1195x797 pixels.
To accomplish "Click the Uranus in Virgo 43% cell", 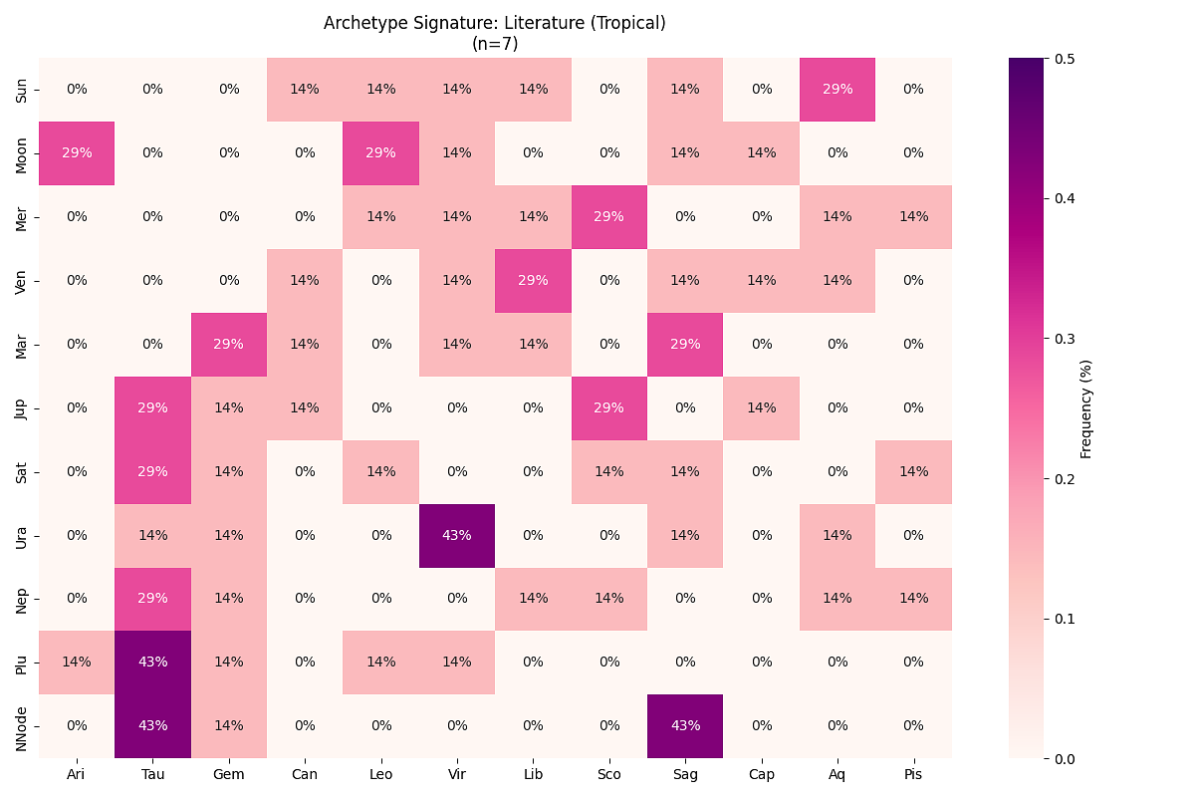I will (457, 535).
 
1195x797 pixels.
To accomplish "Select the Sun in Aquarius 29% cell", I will (837, 89).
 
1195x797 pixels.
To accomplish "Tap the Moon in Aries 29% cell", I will (77, 152).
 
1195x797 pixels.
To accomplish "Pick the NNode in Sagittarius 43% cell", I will (685, 726).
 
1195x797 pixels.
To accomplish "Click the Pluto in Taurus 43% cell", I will (152, 663).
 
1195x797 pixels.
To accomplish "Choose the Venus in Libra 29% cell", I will (533, 280).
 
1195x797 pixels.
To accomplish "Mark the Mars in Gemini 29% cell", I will (229, 344).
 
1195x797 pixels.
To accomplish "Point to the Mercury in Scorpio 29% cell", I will (609, 216).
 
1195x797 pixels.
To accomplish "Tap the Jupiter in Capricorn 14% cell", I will (761, 407).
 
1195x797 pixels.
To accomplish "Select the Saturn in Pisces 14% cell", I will (913, 471).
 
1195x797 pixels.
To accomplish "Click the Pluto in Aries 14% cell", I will (77, 663).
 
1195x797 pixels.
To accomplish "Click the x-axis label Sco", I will (609, 774).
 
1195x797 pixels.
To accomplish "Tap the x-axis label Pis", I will (913, 774).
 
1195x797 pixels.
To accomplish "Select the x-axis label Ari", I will (77, 774).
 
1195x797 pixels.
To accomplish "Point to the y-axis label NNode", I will (21, 726).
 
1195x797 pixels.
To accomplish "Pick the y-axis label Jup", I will (21, 407).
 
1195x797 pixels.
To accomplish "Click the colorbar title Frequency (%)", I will (1086, 408).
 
